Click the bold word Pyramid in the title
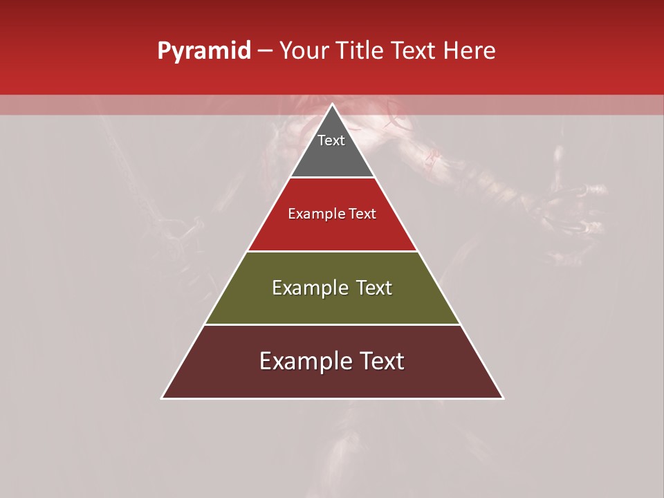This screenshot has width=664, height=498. [204, 51]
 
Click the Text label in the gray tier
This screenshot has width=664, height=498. [331, 140]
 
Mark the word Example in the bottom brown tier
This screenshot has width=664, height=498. [302, 361]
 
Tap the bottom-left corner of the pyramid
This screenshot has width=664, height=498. [162, 398]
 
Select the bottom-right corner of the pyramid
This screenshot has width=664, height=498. [503, 398]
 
